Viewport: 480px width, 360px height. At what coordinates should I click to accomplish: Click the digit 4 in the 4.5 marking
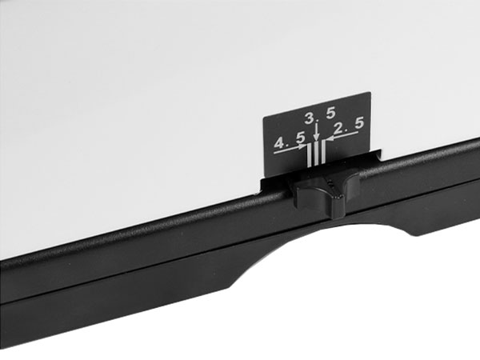click(x=280, y=143)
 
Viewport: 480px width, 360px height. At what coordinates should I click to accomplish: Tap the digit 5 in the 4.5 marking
click(x=301, y=138)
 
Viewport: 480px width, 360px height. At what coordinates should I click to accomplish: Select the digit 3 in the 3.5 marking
click(x=310, y=118)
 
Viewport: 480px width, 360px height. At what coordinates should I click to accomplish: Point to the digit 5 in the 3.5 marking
click(x=330, y=114)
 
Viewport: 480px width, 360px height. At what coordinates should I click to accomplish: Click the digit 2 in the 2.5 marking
click(x=339, y=129)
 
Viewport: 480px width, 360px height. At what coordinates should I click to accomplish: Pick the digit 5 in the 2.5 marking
click(x=359, y=123)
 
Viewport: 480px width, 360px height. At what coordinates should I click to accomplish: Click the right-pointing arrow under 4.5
click(x=290, y=149)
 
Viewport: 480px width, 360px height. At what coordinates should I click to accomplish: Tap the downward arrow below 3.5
click(x=317, y=132)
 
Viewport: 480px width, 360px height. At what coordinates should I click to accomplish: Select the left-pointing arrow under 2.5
click(x=342, y=136)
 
